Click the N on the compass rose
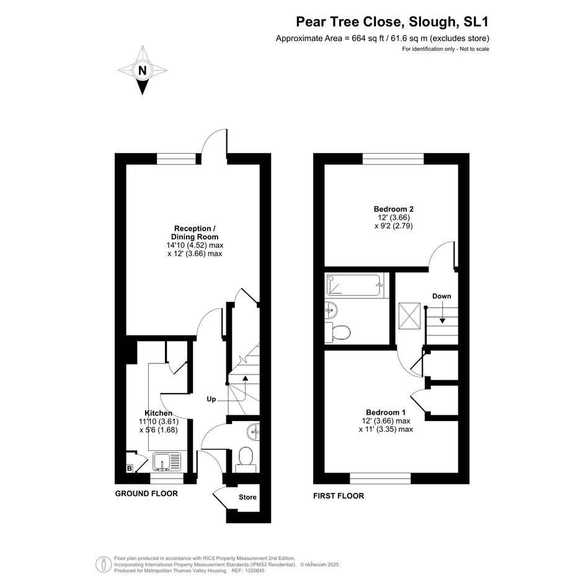(x=143, y=70)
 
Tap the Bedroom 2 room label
(x=394, y=210)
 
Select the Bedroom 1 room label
(x=386, y=412)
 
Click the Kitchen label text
(x=159, y=413)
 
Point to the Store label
(x=247, y=497)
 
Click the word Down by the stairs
(x=442, y=296)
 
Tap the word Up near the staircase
(x=211, y=399)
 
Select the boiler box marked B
(x=130, y=468)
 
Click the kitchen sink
(x=167, y=462)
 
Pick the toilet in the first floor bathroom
(x=337, y=332)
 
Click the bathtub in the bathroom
(x=354, y=285)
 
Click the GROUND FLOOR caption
(x=146, y=494)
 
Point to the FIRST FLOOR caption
(x=339, y=496)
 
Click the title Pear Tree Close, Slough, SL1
(x=393, y=22)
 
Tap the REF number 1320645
(x=254, y=570)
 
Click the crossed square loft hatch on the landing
(x=410, y=316)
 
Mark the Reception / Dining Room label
(x=195, y=233)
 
